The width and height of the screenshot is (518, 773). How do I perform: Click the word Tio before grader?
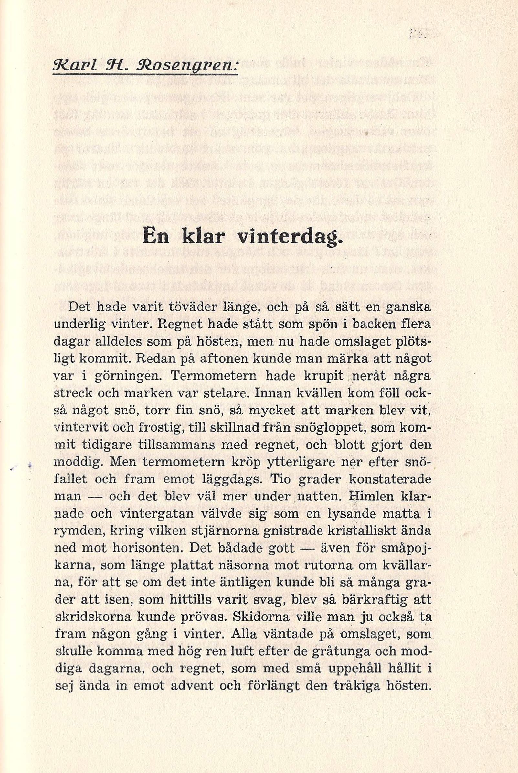(283, 479)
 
